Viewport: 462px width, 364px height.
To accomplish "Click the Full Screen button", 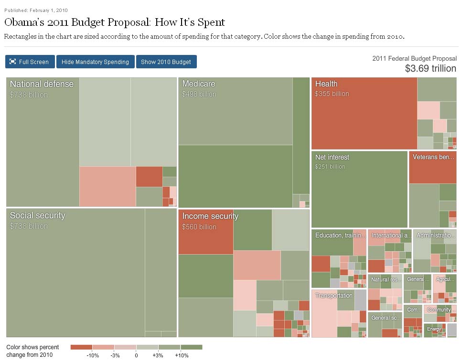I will (30, 62).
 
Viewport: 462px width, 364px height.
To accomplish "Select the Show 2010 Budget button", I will (166, 62).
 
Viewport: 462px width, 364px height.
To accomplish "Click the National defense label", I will (42, 84).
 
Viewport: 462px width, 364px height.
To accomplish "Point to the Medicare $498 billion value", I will (199, 94).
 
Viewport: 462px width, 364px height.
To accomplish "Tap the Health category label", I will (326, 84).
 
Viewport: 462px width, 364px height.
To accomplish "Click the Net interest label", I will (332, 157).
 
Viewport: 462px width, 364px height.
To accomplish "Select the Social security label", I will (37, 215).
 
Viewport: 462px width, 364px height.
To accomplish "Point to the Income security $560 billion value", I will (199, 227).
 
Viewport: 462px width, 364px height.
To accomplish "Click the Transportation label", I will (333, 296).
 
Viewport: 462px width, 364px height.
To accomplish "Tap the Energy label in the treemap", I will (434, 329).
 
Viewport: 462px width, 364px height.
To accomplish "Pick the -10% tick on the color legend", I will (93, 355).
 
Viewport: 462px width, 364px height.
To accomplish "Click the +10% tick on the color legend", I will (182, 355).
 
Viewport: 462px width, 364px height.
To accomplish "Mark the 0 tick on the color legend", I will (136, 355).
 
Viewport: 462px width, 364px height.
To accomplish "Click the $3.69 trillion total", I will (430, 68).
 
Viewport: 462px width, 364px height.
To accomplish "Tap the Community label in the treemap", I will (439, 310).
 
